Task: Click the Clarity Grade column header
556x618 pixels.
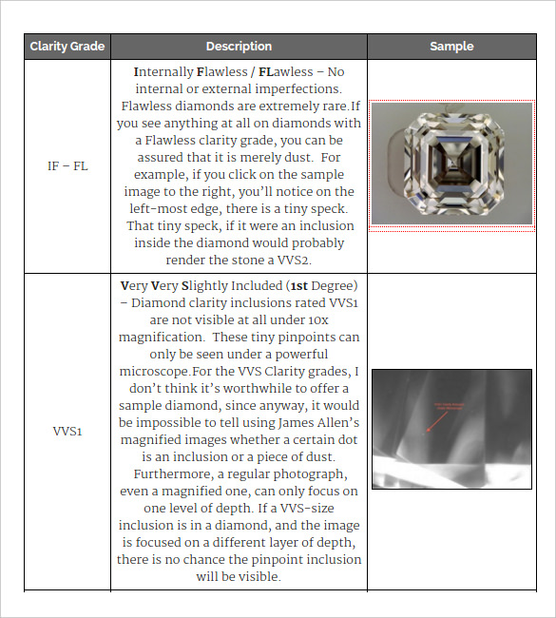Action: (67, 47)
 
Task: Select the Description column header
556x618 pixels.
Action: (239, 47)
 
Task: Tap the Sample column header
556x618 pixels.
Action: (451, 47)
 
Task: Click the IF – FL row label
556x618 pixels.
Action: (67, 165)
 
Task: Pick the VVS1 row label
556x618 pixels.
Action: (67, 432)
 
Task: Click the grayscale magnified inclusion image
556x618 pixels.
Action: (451, 429)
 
